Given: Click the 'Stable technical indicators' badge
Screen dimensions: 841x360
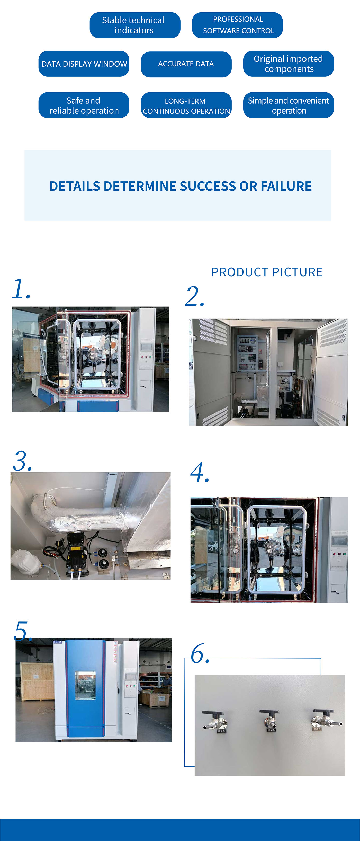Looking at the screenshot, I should [135, 25].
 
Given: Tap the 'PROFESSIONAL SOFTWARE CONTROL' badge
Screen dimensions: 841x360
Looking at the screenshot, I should [237, 25].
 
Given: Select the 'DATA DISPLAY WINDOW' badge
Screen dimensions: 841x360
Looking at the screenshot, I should [84, 64].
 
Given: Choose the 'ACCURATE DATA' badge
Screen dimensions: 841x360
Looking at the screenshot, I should [186, 64].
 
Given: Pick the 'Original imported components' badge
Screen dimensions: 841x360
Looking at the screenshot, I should [288, 64].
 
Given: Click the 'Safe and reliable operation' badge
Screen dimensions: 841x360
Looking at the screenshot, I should [84, 105].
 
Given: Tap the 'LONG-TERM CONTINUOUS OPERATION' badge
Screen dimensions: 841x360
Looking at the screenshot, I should [186, 105].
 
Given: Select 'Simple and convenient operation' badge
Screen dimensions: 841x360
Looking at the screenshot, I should [288, 105].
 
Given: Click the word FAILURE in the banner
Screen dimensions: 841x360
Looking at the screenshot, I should [286, 186].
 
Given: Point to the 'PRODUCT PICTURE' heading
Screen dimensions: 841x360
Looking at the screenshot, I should [267, 272].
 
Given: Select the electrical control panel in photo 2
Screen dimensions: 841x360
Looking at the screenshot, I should [247, 353].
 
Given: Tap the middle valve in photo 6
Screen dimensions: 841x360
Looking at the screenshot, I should [269, 721].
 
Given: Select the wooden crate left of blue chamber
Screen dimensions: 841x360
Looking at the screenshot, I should [37, 681].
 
